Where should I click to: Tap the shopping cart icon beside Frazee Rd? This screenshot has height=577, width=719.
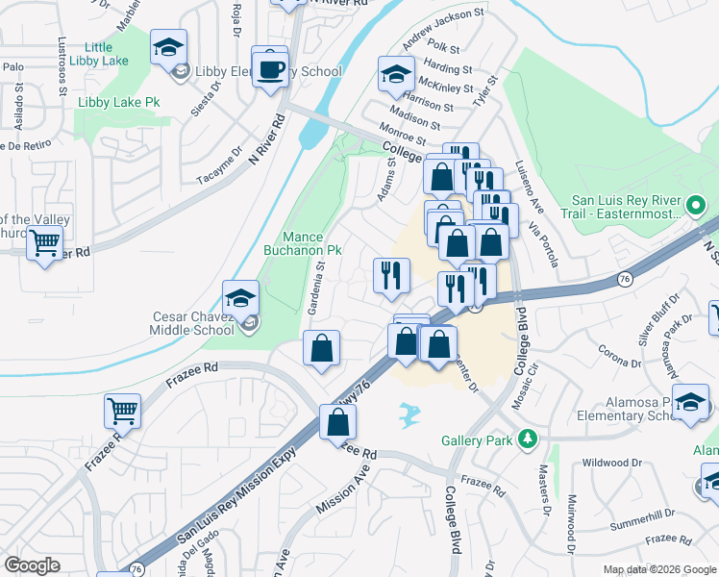point(123,412)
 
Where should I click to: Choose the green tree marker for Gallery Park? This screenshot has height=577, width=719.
point(525,440)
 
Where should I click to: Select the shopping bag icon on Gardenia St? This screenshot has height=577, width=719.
point(322,348)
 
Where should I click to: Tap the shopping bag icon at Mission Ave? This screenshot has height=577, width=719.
point(338,422)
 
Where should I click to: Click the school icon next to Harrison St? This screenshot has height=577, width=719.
point(395,74)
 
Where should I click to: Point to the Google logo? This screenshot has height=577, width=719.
point(32,565)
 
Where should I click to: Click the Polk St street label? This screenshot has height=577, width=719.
point(444,46)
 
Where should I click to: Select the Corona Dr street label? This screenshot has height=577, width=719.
point(619,357)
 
